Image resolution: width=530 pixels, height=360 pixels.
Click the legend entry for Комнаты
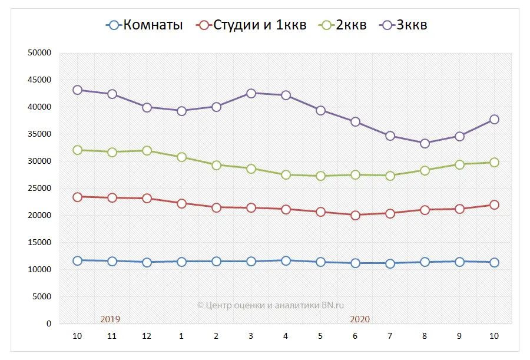point(144,25)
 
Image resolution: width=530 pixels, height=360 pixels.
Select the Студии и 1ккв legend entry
point(252,25)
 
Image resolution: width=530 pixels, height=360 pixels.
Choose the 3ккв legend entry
point(404,25)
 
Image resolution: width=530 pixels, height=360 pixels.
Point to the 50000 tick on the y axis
point(40,53)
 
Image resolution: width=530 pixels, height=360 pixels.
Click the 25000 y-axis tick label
point(40,189)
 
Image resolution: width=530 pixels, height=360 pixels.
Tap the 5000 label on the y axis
point(42,297)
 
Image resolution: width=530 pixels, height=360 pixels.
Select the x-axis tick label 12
point(147,336)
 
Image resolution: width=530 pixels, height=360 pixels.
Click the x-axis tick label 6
point(355,336)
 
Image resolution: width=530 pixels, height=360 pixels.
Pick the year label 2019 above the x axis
point(110,319)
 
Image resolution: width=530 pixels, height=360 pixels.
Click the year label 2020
point(360,319)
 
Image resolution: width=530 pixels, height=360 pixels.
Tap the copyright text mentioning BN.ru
point(270,305)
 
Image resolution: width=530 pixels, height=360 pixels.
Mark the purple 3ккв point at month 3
point(251,93)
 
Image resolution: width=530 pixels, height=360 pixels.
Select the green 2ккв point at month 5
point(320,176)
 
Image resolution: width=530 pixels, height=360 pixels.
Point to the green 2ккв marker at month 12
point(147,151)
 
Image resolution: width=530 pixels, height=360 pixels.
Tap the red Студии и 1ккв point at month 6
point(355,215)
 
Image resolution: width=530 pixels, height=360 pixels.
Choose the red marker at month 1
point(181,203)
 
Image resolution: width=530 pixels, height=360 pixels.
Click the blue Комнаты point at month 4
point(286,260)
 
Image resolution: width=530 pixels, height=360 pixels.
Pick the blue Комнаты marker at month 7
point(390,263)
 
